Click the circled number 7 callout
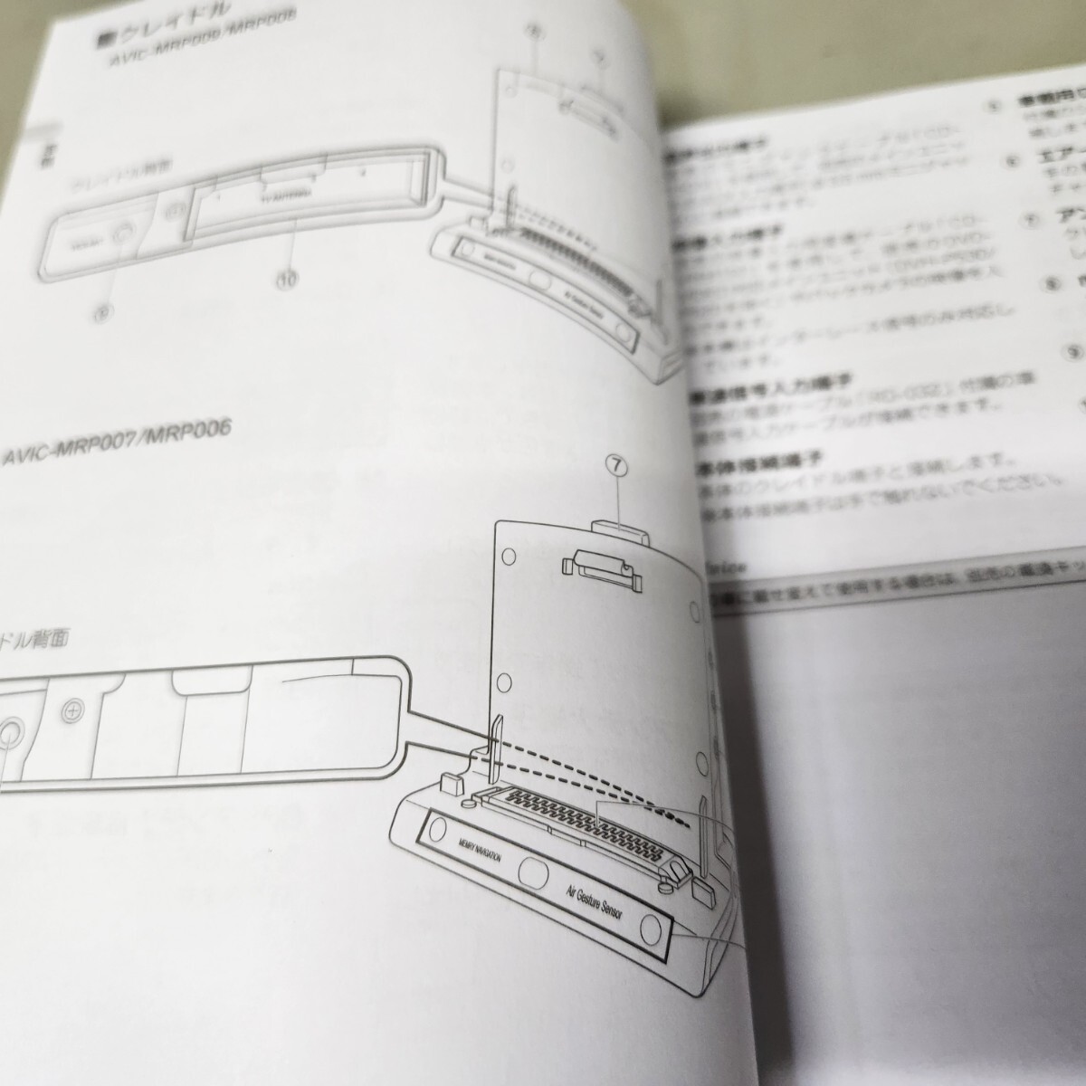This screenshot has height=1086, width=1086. click(618, 465)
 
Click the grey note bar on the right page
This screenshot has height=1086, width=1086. click(896, 589)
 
